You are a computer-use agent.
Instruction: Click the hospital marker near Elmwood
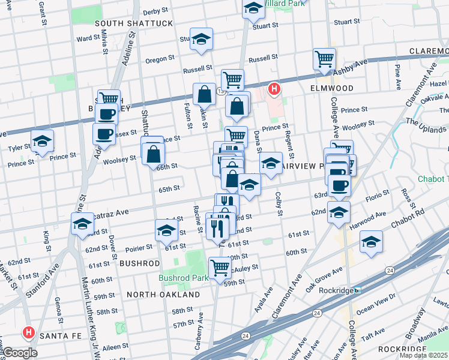tap(274, 89)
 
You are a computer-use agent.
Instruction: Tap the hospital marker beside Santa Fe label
tap(28, 332)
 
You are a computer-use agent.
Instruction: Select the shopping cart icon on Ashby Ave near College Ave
tap(324, 59)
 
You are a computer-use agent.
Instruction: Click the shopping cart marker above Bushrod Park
tap(220, 266)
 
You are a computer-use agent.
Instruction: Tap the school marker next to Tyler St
tap(43, 141)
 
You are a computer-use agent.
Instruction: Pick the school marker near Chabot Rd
tap(371, 242)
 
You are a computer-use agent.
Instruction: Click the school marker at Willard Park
tap(253, 8)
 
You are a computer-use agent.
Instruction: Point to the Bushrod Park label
tap(183, 278)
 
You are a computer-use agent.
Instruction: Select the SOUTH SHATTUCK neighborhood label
tap(134, 23)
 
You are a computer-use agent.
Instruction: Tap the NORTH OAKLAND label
tap(163, 295)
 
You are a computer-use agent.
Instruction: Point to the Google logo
tap(20, 353)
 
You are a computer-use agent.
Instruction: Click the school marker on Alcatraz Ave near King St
tap(82, 224)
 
